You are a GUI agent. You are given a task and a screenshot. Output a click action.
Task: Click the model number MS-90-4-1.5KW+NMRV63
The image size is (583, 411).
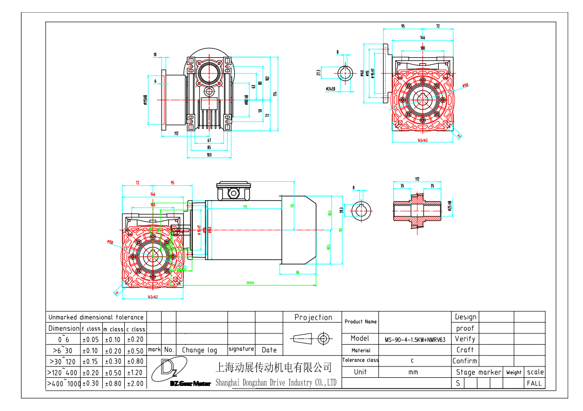coord(415,339)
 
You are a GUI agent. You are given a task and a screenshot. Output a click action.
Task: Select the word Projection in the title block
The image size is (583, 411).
coord(313,317)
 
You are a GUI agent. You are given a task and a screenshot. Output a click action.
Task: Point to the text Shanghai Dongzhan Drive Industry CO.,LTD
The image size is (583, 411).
coord(276,382)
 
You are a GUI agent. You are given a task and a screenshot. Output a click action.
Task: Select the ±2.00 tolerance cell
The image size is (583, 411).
coord(136,383)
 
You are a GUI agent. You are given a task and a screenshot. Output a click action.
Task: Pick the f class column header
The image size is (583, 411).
coord(92,329)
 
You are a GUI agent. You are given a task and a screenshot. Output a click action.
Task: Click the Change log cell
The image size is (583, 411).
coord(199,350)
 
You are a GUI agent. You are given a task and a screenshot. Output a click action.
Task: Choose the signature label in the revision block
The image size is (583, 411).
coord(241,349)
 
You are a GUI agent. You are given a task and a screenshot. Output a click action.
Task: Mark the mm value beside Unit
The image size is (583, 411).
coord(413,372)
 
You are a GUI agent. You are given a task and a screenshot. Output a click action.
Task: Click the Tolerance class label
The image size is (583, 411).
coord(361,360)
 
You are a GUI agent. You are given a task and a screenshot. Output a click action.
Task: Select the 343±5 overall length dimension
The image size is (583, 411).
coord(250,282)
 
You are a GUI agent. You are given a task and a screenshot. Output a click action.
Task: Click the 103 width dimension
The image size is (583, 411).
coord(209,154)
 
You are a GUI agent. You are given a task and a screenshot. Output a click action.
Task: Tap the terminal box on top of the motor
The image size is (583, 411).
coord(234,190)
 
